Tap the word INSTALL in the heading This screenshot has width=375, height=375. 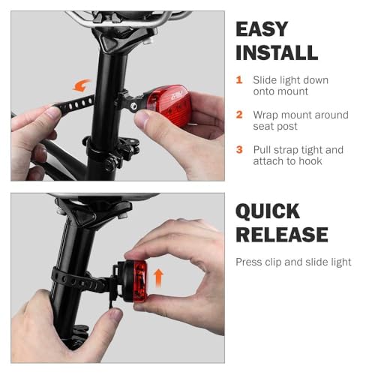click(277, 52)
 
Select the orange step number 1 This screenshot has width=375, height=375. click(239, 80)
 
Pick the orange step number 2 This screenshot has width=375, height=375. click(239, 115)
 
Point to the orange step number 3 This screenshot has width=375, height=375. click(239, 150)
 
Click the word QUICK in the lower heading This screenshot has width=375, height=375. click(268, 211)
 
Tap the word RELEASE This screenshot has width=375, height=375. click(282, 235)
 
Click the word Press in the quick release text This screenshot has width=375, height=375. click(250, 262)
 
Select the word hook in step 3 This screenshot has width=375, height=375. click(309, 161)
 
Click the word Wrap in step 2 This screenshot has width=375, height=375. click(267, 115)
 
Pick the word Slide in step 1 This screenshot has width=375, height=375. click(266, 80)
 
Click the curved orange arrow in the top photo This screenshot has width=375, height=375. click(82, 85)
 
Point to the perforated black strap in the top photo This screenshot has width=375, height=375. click(75, 103)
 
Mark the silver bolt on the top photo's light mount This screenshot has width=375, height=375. click(136, 107)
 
